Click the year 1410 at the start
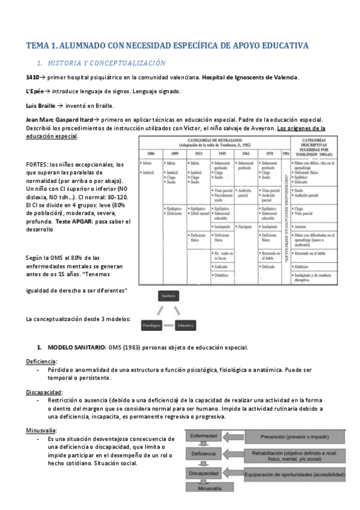tap(32, 78)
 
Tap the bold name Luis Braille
tap(42, 105)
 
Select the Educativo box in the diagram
tap(185, 325)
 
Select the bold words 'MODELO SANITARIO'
tap(76, 348)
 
